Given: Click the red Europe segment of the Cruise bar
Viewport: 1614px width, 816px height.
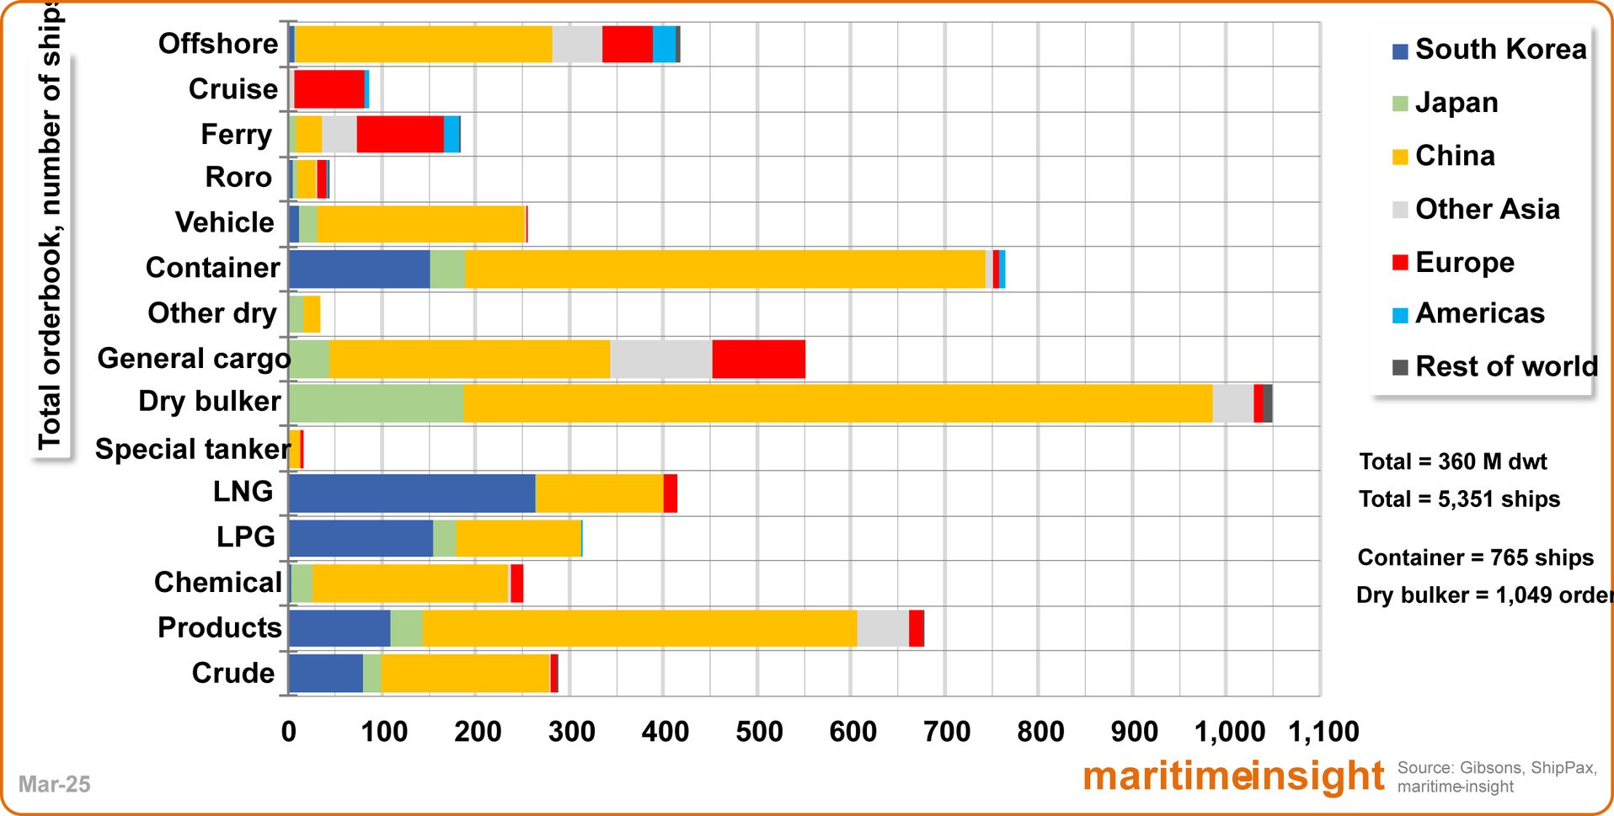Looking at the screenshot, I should click(x=329, y=89).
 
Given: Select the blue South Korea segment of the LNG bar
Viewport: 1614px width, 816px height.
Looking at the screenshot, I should click(x=411, y=493).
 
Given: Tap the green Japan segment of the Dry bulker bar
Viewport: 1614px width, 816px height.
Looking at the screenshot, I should click(x=376, y=403).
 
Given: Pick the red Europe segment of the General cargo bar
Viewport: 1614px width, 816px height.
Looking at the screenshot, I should click(x=758, y=359).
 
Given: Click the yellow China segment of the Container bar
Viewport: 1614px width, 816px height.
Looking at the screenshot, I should click(x=724, y=269).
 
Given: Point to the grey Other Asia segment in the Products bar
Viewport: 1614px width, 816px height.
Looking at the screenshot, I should click(x=883, y=628).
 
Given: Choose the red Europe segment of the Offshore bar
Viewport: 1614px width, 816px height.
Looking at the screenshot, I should click(x=627, y=45).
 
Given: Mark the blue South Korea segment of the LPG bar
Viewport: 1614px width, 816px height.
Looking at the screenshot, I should click(x=361, y=538).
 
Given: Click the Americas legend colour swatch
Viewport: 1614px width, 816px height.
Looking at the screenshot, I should click(x=1400, y=315).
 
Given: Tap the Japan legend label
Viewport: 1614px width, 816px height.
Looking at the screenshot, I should click(x=1456, y=103).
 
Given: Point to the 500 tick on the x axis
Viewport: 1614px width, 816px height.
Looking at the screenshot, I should click(x=758, y=731).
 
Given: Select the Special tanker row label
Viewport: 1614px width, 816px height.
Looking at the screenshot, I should click(x=192, y=449).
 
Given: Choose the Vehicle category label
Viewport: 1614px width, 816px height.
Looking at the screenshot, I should click(x=224, y=222).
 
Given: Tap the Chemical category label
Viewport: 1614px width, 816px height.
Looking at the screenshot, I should click(x=217, y=582).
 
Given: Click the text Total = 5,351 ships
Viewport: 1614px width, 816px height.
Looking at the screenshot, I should click(x=1459, y=499).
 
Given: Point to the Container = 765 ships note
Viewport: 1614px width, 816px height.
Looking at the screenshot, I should click(x=1475, y=557).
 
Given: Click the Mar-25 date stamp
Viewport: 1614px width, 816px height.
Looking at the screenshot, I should click(x=54, y=784).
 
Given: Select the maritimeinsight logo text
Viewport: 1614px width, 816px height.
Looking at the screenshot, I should click(x=1233, y=776).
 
